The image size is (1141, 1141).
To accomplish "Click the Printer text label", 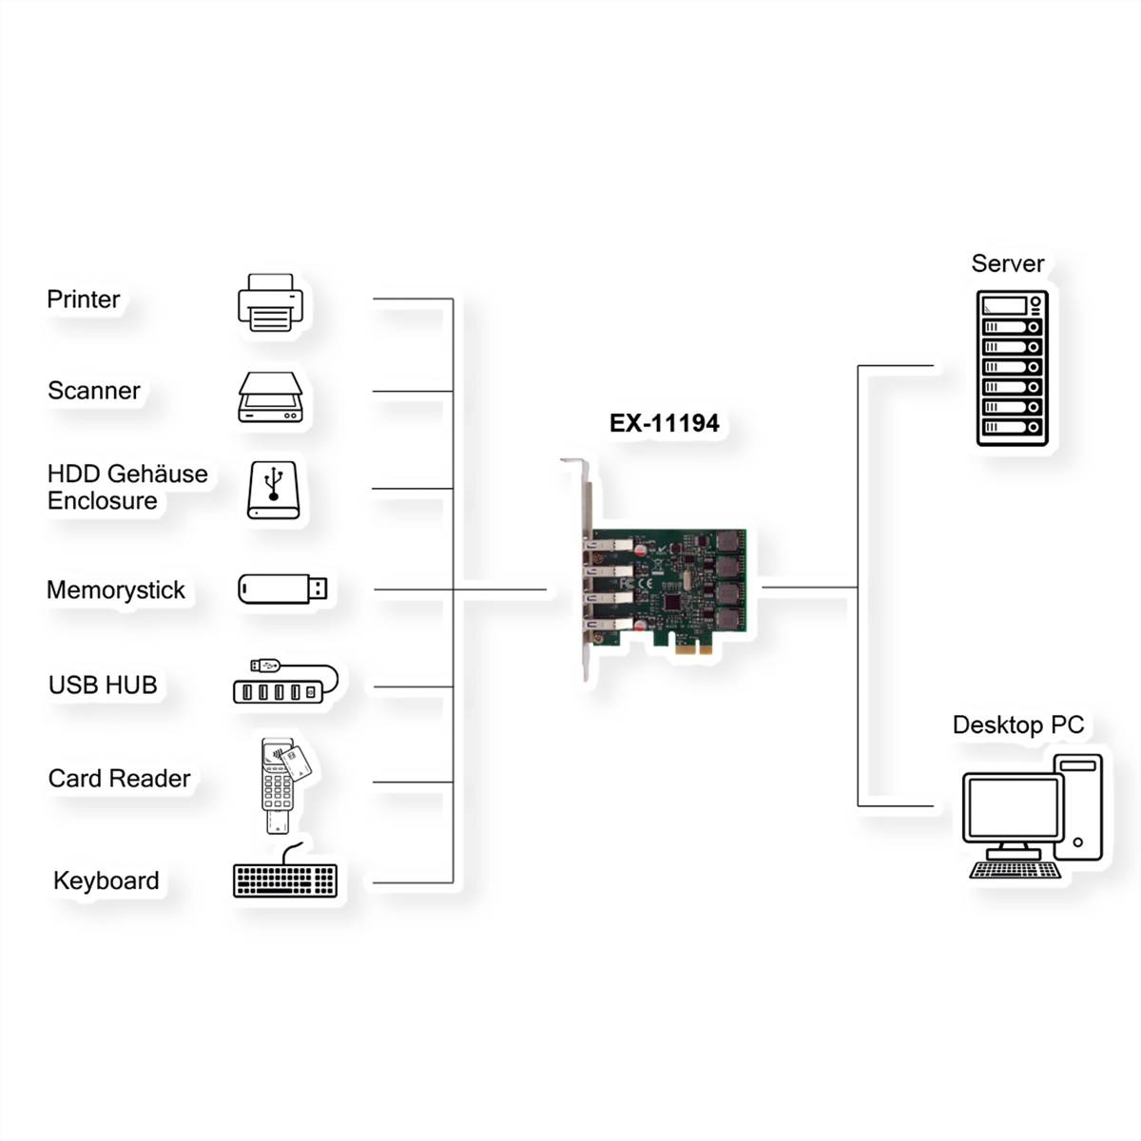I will [x=84, y=300].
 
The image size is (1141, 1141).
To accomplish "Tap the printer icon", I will [x=270, y=302].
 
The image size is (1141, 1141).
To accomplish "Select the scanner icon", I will [x=270, y=397].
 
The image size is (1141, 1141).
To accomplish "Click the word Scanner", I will [x=93, y=391].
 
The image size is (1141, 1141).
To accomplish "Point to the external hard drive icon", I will [x=273, y=490].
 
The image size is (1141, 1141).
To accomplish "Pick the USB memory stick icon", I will [x=282, y=589].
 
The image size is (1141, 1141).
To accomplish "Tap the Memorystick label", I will [x=116, y=590].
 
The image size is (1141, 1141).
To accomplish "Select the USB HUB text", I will [x=103, y=685].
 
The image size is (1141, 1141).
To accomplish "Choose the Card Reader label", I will [x=119, y=779].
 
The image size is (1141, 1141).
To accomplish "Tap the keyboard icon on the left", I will [x=284, y=880].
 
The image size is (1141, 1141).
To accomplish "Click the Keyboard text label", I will [x=106, y=880].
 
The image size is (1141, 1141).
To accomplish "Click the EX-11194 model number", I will [x=664, y=423].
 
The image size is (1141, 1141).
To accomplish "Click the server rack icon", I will [x=1012, y=368].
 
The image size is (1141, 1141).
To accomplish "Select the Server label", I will [x=1007, y=263].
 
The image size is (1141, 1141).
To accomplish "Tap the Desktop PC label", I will [x=1017, y=725].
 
